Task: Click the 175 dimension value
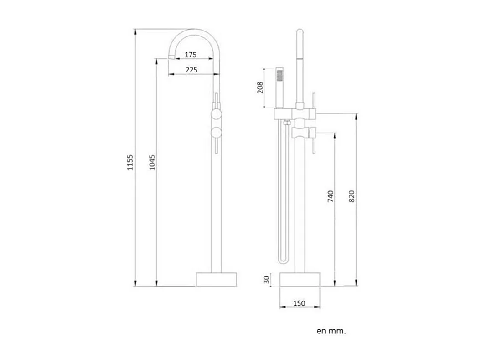coord(191,55)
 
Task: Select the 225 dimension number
coord(191,70)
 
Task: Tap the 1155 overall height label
coord(130,162)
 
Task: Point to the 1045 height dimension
coord(152,162)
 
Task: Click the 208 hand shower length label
coord(260,87)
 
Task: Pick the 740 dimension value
coord(331,197)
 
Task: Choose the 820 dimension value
coord(352,197)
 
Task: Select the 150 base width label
coord(300,303)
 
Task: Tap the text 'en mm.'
coord(331,331)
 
